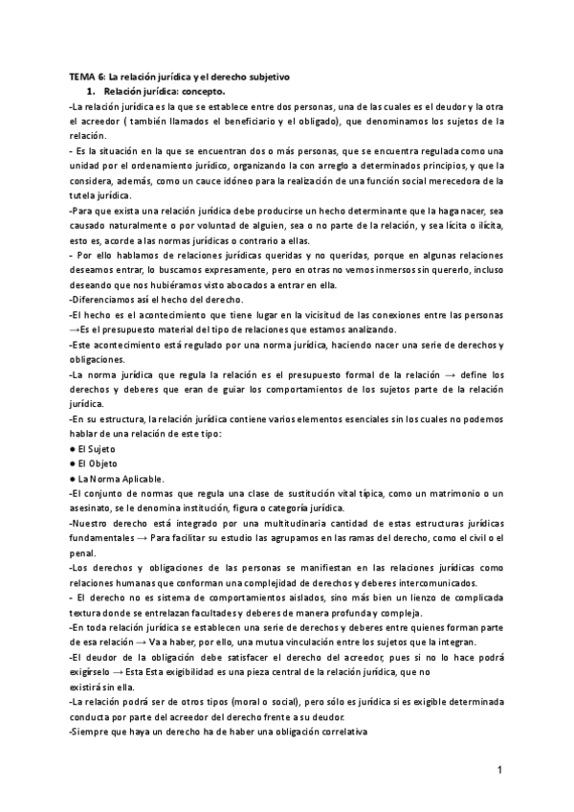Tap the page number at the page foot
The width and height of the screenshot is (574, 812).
coord(499,770)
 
